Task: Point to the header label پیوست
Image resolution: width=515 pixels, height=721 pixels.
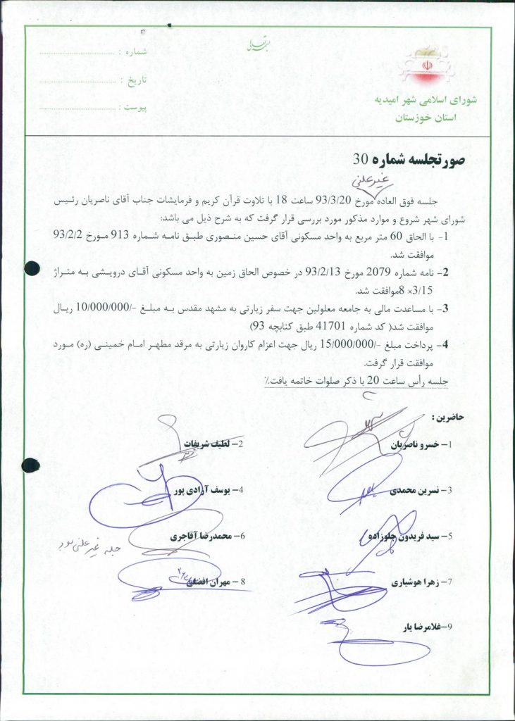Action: [132, 108]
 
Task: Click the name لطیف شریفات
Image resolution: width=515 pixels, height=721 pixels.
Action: [209, 444]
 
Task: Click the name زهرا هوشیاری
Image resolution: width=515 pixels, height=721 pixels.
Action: [416, 583]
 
